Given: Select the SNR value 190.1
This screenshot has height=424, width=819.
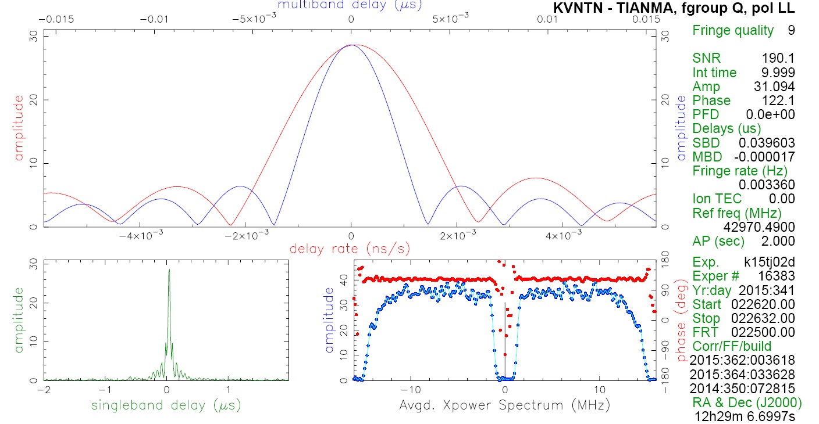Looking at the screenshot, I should tap(778, 58).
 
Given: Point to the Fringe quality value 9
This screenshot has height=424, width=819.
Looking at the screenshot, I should tap(791, 30).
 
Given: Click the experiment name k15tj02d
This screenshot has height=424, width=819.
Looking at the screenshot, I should tap(769, 261).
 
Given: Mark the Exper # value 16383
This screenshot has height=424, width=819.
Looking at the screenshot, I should tap(777, 276).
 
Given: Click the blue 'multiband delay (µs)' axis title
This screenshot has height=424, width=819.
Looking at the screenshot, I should tap(350, 5).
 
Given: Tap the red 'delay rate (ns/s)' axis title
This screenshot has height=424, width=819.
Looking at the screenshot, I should tap(350, 249).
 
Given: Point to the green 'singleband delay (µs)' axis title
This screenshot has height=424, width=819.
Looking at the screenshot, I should tap(166, 404).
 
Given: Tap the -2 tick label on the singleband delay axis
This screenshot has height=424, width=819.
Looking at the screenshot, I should tap(44, 390).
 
